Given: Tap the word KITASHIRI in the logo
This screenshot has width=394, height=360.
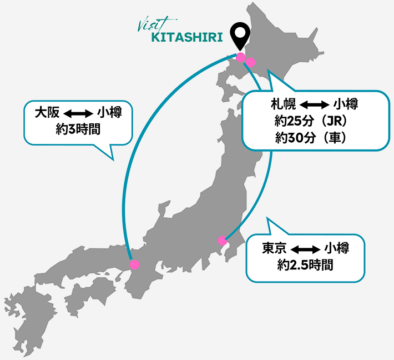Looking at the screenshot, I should coord(186,38).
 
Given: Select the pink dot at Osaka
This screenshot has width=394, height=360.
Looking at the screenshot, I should coord(134,265).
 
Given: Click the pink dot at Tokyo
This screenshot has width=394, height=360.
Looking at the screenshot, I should coord(223,241).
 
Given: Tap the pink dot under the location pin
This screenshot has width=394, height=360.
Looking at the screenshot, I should coord(240,57).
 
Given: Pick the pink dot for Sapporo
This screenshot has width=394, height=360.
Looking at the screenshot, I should coord(250,62).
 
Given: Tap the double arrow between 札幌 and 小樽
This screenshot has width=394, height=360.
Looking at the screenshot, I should coord(314,104).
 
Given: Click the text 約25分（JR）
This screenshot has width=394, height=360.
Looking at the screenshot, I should coord(314,121).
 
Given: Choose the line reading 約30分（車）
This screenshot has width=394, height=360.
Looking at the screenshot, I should coord(314,138).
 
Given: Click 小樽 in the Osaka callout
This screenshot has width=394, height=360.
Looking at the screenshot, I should coord(109,112).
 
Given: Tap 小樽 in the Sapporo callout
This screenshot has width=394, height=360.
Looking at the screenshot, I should coord(345,104).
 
